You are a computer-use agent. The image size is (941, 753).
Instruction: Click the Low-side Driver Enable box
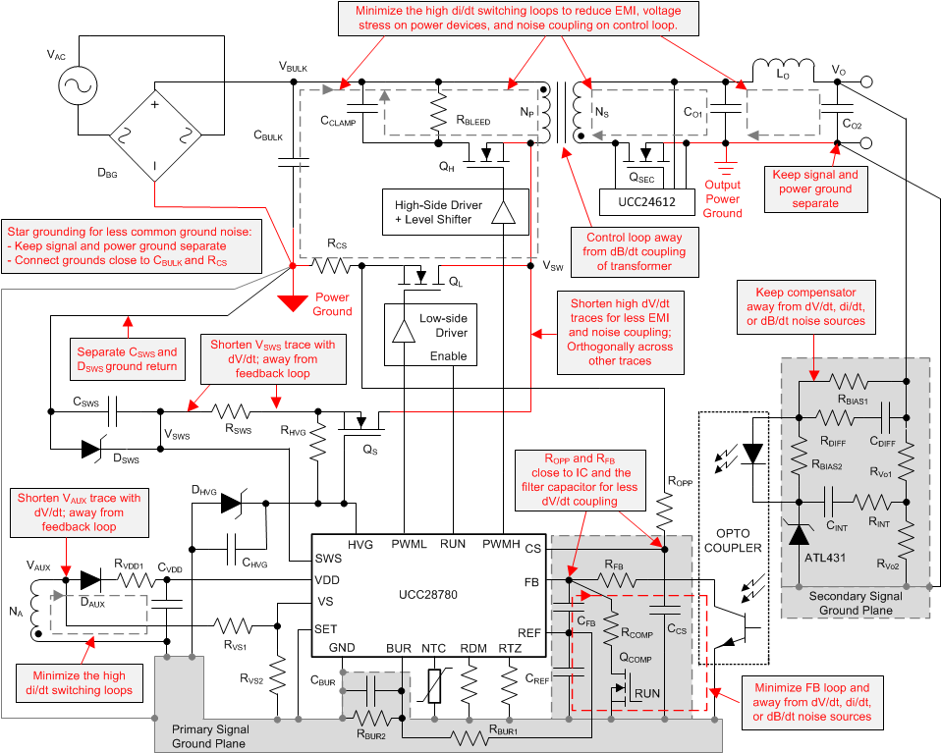point(429,335)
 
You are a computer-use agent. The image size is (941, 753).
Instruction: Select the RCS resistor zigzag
point(331,265)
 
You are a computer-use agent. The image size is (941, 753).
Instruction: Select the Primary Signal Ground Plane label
point(210,735)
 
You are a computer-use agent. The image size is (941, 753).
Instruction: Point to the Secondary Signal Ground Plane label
point(850,603)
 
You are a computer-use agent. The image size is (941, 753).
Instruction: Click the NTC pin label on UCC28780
point(434,649)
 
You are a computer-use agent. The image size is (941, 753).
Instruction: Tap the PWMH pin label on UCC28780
point(501,543)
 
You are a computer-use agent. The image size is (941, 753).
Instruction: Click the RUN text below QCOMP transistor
point(647,693)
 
